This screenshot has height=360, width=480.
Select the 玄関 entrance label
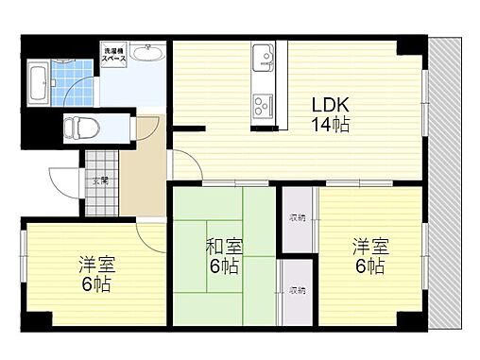point(99,179)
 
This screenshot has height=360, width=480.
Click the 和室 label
point(223,248)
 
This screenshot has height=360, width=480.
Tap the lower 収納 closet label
point(298,290)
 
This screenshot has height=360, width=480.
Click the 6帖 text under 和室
point(223,266)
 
